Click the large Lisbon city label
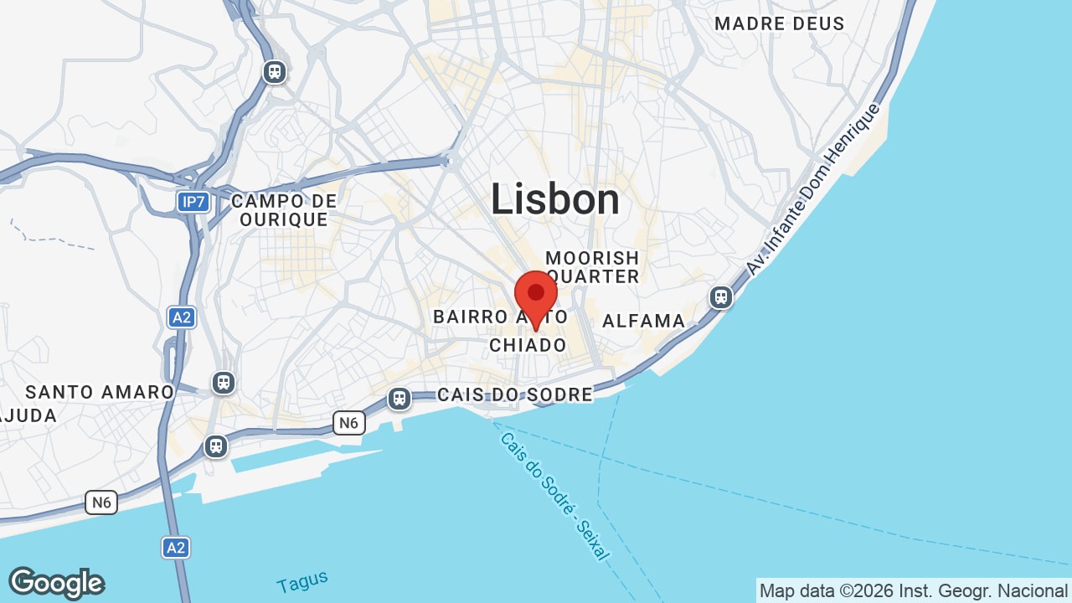click(x=554, y=200)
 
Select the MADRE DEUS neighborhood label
click(x=779, y=24)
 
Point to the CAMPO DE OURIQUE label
click(x=284, y=210)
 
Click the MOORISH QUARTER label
click(x=592, y=267)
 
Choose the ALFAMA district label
click(x=643, y=321)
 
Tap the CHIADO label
click(x=528, y=345)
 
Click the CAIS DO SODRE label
click(x=514, y=394)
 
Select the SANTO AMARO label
click(x=100, y=392)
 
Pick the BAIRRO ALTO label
click(x=500, y=317)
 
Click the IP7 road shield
click(x=193, y=202)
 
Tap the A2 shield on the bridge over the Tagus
click(x=175, y=548)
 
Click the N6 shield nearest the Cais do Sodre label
click(x=348, y=423)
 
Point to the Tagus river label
click(x=302, y=581)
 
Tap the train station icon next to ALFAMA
click(x=720, y=297)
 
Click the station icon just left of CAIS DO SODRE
click(x=399, y=398)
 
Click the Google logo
click(x=56, y=583)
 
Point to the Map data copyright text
click(x=913, y=590)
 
